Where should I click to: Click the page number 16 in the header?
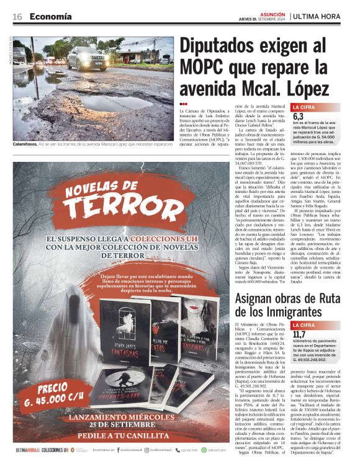[x=17, y=17]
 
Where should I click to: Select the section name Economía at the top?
[x=50, y=17]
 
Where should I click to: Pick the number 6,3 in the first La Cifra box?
[x=299, y=116]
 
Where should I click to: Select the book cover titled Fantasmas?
[x=124, y=335]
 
